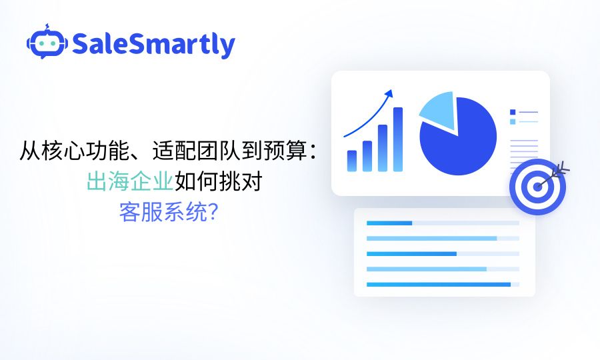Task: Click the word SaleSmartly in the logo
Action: click(x=153, y=44)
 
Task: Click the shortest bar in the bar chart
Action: click(x=352, y=161)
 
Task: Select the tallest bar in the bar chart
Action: click(x=398, y=139)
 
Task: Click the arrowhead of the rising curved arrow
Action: click(x=389, y=93)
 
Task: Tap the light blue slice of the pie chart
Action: click(x=439, y=109)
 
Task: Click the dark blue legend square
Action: click(x=513, y=112)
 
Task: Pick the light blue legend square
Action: click(x=513, y=121)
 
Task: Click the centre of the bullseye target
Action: click(x=537, y=187)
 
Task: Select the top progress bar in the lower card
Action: click(x=389, y=223)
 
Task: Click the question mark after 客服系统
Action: click(x=214, y=213)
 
